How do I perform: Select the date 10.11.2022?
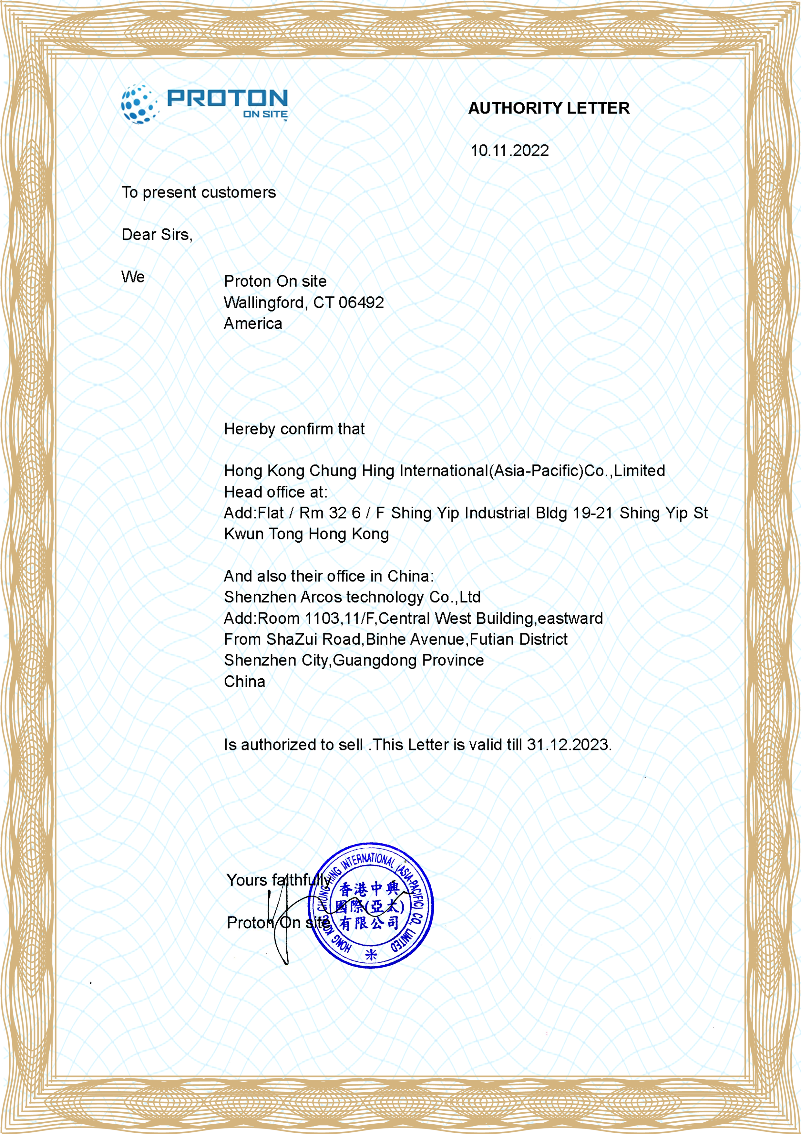(509, 151)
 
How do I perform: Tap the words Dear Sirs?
(157, 235)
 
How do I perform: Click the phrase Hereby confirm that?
(294, 429)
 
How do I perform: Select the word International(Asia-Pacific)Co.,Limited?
(532, 471)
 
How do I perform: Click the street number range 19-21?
(592, 513)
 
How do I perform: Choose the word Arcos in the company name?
(319, 597)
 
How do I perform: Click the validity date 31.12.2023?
(569, 745)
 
